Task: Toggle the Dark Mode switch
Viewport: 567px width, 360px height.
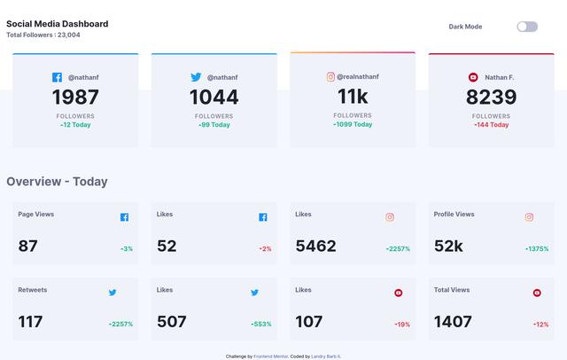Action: coord(527,27)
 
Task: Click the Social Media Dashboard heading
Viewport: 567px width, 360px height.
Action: coord(58,24)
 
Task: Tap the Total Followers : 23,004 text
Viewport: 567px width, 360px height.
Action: coord(43,35)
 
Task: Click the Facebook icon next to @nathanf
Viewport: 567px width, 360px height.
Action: coord(58,78)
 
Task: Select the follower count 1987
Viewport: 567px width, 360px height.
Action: coord(75,98)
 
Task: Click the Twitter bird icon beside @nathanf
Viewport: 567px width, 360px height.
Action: coord(196,78)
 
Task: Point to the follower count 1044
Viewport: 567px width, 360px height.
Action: coord(214,98)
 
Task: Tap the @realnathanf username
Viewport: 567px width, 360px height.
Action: coord(359,77)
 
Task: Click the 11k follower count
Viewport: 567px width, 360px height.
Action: coord(353,97)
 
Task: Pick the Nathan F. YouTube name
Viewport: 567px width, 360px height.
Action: coord(499,78)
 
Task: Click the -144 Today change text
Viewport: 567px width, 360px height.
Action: coord(491,125)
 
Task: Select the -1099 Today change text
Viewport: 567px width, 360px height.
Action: coord(353,124)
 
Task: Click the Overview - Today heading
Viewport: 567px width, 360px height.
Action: coord(57,182)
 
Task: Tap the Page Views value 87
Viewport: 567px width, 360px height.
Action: coord(28,246)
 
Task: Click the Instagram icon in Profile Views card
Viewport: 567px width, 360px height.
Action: coord(529,217)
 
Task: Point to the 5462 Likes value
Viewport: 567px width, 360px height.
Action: coord(315,246)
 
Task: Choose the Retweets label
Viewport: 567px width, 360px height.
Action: coord(33,290)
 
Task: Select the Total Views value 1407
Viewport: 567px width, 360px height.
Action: coord(453,322)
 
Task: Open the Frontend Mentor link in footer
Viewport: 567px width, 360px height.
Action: coord(269,356)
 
